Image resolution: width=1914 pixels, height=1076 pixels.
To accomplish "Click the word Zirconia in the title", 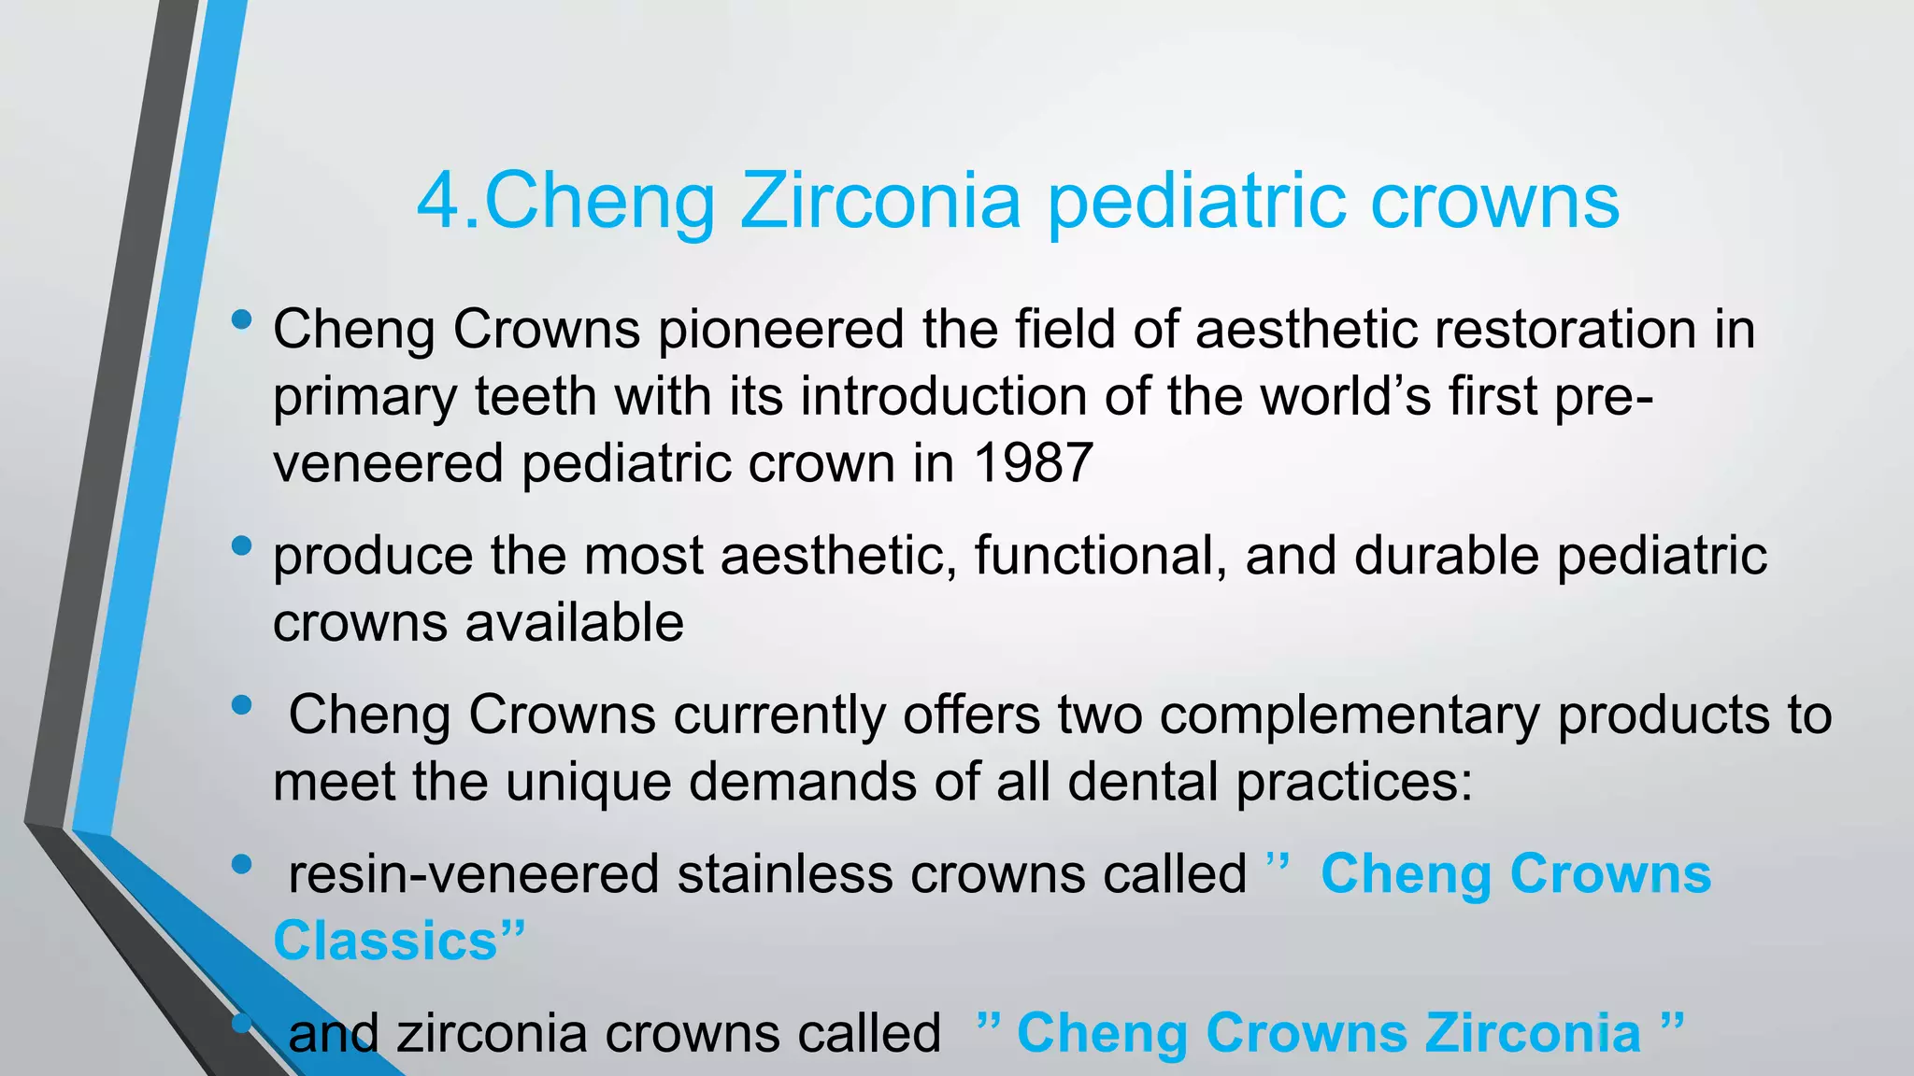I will [880, 202].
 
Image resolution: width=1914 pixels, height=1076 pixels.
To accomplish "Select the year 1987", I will [1033, 463].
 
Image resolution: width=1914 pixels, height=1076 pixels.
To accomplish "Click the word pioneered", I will [781, 331].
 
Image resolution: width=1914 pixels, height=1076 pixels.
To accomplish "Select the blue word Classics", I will [386, 941].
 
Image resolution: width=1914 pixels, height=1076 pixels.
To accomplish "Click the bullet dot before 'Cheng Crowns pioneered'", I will [241, 320].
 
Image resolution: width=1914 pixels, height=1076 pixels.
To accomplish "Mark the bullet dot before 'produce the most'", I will [241, 545].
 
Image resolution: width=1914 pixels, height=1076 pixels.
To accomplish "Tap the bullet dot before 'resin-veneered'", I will [241, 865].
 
